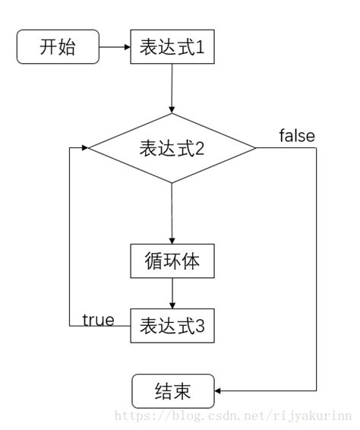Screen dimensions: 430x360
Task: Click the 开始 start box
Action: pyautogui.click(x=58, y=47)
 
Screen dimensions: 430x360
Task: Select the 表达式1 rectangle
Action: pyautogui.click(x=172, y=47)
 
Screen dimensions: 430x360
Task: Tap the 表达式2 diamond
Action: pyautogui.click(x=172, y=148)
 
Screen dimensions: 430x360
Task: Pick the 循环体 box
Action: pyautogui.click(x=172, y=261)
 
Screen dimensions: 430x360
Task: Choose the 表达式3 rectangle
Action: pyautogui.click(x=172, y=325)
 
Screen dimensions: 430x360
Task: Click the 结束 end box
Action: pyautogui.click(x=172, y=391)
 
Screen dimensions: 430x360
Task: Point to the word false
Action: pyautogui.click(x=297, y=136)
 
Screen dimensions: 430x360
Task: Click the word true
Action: pyautogui.click(x=98, y=319)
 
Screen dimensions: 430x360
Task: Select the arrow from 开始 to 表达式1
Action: pyautogui.click(x=115, y=47)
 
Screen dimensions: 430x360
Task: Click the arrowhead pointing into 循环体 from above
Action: pyautogui.click(x=172, y=241)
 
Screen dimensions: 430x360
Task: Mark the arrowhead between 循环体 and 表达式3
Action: pyautogui.click(x=172, y=305)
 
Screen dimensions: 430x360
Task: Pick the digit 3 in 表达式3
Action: pyautogui.click(x=201, y=326)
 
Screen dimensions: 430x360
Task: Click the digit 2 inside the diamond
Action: pyautogui.click(x=201, y=149)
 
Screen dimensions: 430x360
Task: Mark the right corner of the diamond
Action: pyautogui.click(x=257, y=148)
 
